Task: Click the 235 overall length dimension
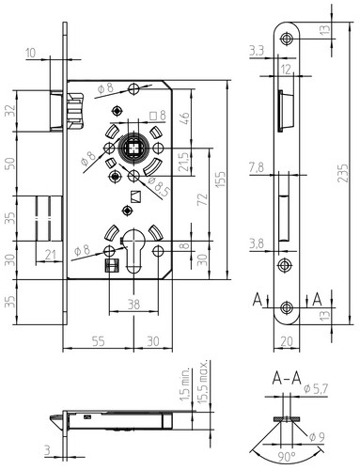[343, 173]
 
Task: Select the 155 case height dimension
[221, 180]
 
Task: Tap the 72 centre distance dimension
[203, 199]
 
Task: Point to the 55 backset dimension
[98, 341]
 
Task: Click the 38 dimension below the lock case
[133, 304]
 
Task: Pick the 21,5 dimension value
[185, 162]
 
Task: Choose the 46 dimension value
[185, 118]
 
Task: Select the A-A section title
[287, 379]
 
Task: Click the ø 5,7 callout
[316, 389]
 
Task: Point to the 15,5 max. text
[203, 383]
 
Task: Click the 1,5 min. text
[185, 384]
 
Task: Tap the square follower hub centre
[133, 148]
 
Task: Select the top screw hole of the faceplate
[287, 39]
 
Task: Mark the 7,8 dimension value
[257, 168]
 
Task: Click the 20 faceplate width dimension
[287, 341]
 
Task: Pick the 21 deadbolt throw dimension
[50, 255]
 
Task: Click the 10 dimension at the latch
[31, 54]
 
